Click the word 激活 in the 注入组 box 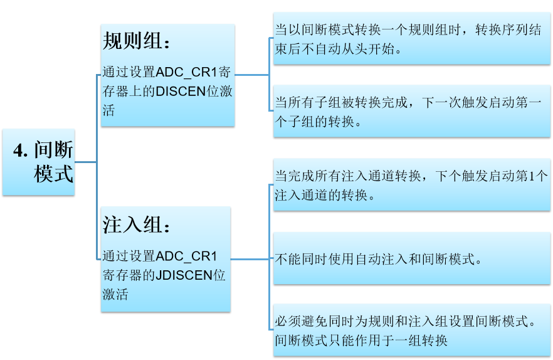(115, 294)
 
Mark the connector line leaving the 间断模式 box (86, 162)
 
